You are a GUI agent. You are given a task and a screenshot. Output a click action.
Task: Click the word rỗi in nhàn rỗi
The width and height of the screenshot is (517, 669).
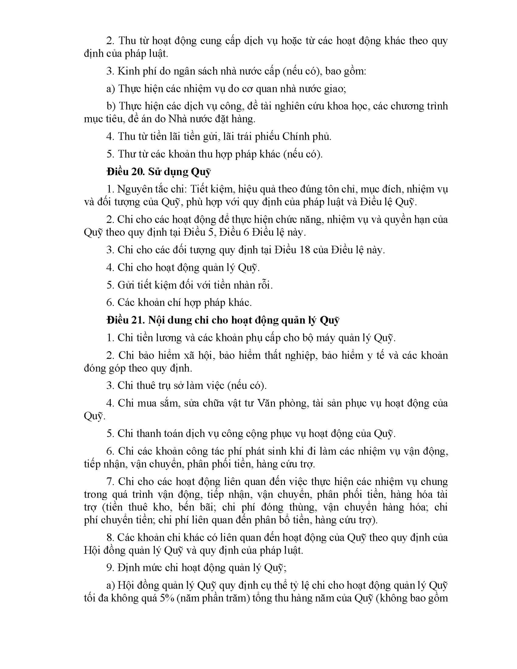pyautogui.click(x=264, y=285)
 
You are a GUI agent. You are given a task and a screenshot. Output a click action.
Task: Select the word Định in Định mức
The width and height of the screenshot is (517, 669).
pyautogui.click(x=129, y=568)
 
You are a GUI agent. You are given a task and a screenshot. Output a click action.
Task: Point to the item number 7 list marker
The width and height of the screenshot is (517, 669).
pyautogui.click(x=110, y=482)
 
